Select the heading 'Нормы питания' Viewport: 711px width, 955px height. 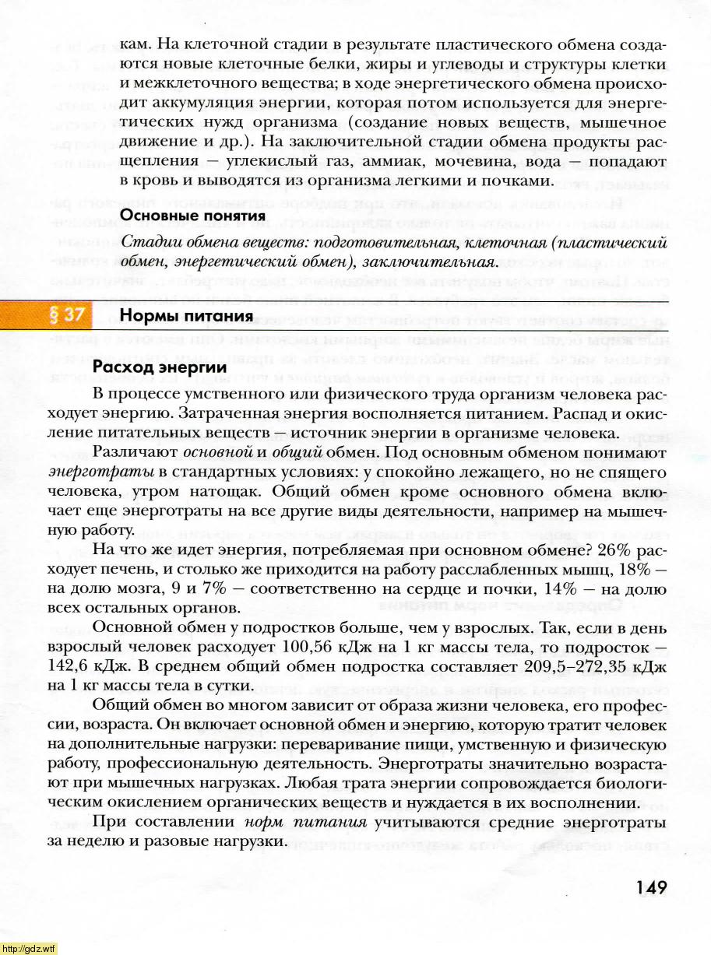(x=186, y=315)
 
